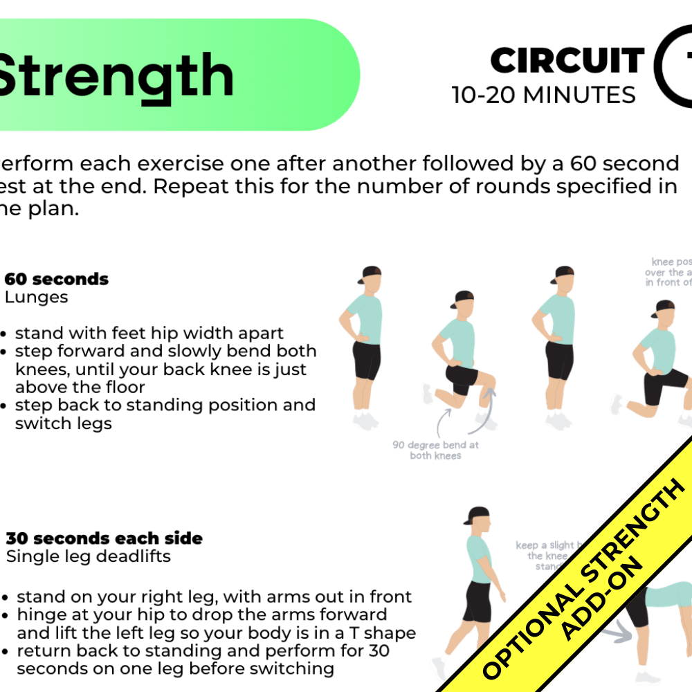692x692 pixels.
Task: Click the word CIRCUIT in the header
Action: click(567, 61)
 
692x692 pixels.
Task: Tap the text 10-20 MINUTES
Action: click(543, 95)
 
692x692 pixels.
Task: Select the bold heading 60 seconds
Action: click(57, 279)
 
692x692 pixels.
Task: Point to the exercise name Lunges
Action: click(37, 298)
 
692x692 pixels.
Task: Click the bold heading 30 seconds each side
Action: click(104, 538)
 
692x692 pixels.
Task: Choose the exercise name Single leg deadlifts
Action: click(89, 556)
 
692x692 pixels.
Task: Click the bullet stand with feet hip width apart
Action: click(149, 333)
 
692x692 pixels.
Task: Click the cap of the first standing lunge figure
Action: click(371, 272)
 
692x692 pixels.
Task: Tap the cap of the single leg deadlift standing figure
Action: click(477, 516)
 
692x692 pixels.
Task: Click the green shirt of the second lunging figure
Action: click(457, 339)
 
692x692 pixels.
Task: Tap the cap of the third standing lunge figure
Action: click(563, 272)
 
